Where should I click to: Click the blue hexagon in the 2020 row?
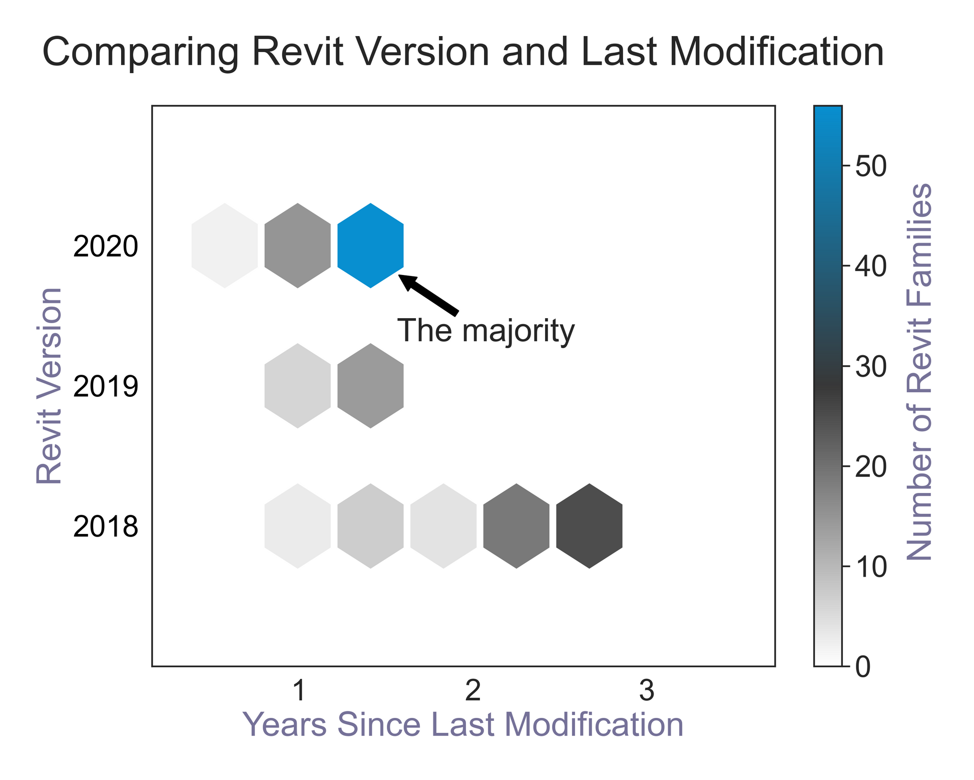tap(370, 245)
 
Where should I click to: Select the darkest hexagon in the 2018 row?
tap(589, 526)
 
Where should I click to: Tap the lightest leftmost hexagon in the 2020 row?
tap(225, 245)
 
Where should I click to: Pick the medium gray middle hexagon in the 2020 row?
tap(298, 245)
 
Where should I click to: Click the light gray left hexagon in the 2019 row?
tap(298, 386)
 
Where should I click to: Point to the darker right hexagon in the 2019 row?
tap(370, 386)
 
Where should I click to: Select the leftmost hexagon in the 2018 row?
tap(298, 526)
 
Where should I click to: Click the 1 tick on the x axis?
tap(299, 691)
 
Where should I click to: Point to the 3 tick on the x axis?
tap(647, 691)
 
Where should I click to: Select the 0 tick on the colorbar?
tap(862, 668)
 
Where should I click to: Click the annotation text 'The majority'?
tap(485, 331)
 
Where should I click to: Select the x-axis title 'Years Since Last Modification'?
tap(463, 725)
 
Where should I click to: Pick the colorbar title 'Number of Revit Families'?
tap(919, 372)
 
